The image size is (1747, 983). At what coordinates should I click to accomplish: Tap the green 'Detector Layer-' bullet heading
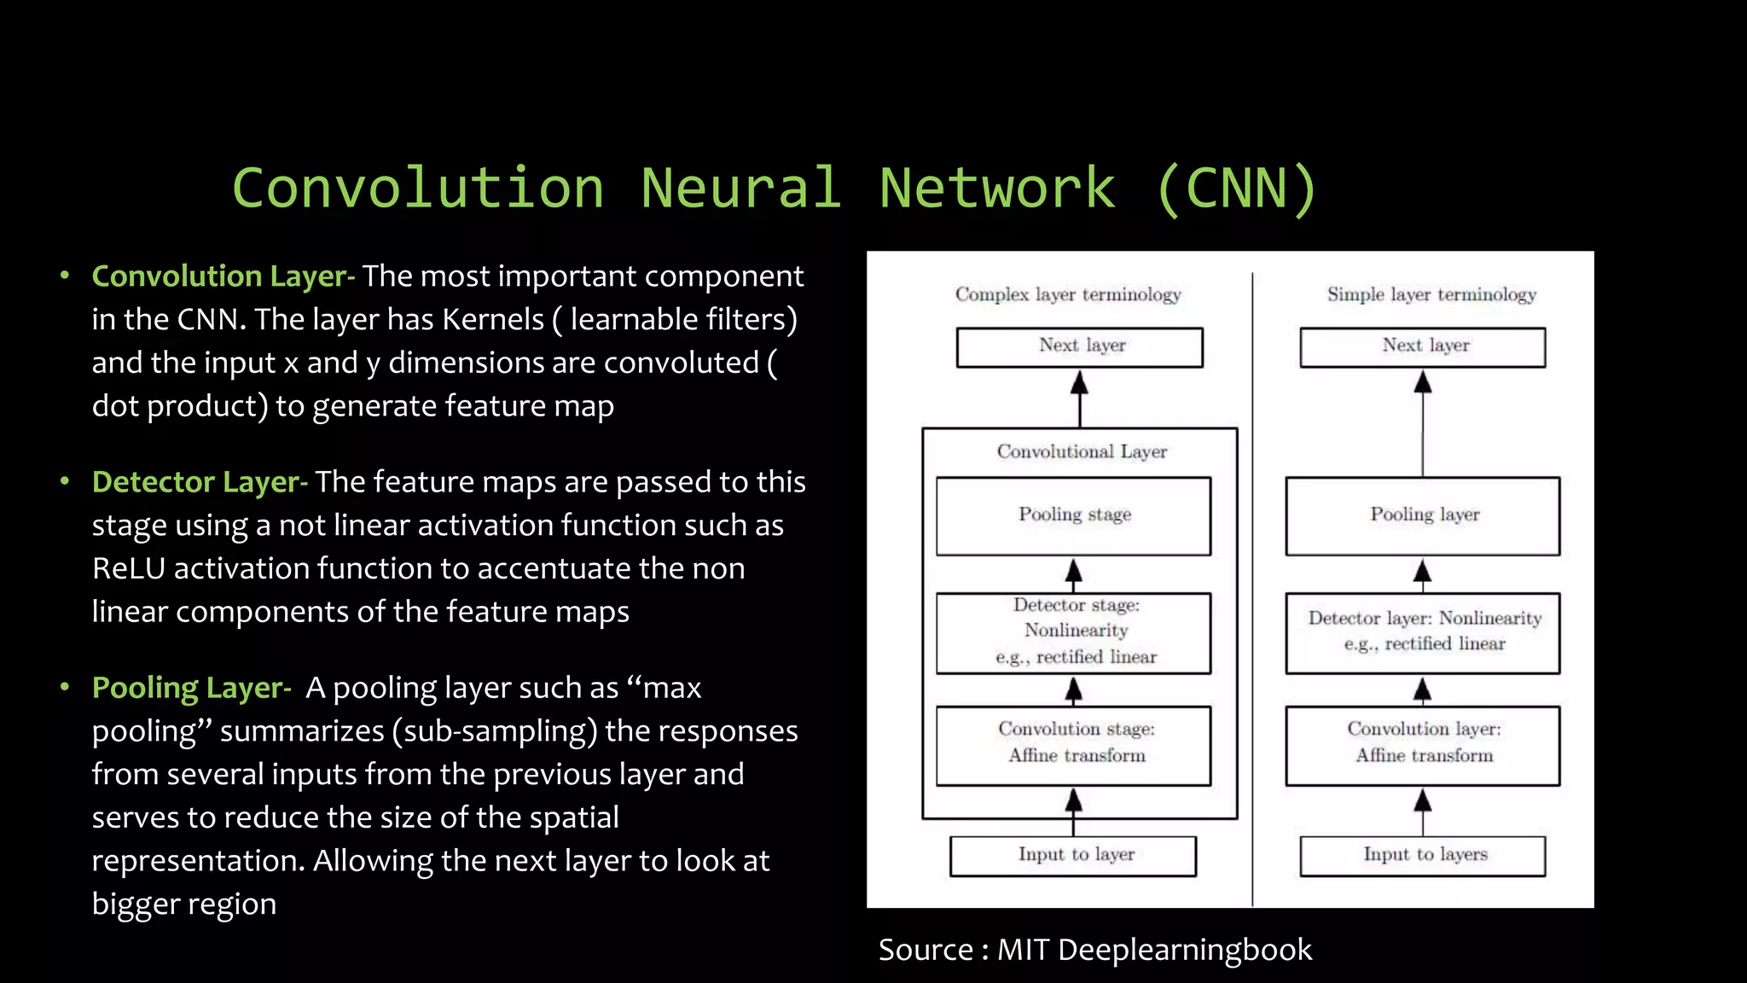tap(199, 482)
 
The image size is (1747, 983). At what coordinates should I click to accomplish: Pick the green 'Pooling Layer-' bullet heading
tap(191, 688)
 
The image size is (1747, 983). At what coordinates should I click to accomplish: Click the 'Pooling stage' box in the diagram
tap(1073, 515)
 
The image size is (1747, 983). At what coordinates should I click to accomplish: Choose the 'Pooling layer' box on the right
tap(1423, 515)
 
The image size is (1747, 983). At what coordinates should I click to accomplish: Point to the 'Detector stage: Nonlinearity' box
tap(1073, 632)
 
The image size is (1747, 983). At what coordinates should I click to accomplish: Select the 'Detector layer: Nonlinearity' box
tap(1423, 632)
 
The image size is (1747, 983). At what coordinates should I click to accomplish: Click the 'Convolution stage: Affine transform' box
tap(1073, 744)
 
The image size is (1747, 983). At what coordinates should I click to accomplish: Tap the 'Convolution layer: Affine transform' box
tap(1423, 744)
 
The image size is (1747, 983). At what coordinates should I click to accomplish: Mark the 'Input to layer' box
tap(1073, 855)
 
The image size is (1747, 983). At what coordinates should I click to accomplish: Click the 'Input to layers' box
tap(1423, 855)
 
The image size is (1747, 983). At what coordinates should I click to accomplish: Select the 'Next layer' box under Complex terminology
tap(1080, 346)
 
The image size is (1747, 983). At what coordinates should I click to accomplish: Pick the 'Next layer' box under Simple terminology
tap(1423, 346)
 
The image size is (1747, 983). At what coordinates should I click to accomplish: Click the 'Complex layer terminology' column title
tap(1068, 294)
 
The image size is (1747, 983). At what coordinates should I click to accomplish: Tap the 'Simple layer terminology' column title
tap(1431, 294)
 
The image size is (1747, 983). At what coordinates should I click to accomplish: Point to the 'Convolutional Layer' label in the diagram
tap(1082, 451)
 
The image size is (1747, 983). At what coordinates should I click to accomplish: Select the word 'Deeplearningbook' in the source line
tap(1184, 950)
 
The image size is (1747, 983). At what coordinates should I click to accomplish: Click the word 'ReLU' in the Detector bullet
tap(129, 568)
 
